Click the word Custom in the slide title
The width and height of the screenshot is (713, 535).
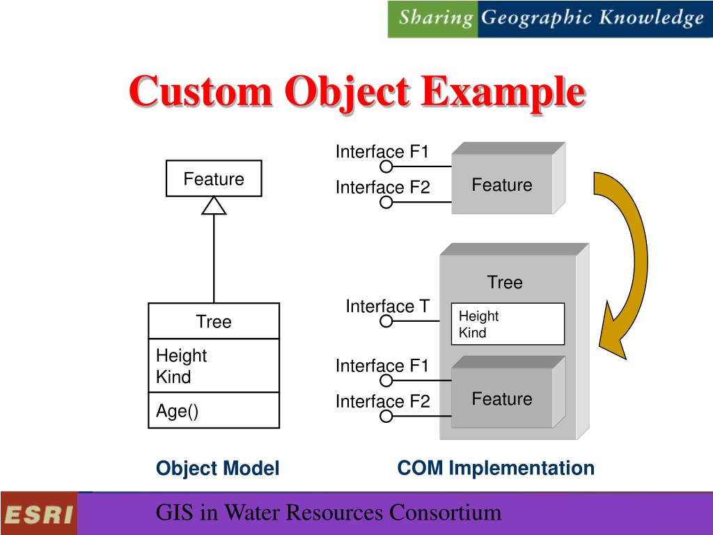pos(200,92)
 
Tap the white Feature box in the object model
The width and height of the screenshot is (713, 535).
pos(214,179)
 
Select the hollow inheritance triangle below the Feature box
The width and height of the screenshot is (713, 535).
pos(214,206)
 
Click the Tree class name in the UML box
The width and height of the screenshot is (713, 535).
pos(214,322)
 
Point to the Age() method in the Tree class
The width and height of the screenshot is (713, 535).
pos(177,411)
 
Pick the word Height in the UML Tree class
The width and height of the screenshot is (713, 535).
pos(181,355)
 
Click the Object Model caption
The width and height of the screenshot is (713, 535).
pos(217,469)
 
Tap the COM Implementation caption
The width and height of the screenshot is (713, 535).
pos(496,468)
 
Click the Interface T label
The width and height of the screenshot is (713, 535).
pos(388,307)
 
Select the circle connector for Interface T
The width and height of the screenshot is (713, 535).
pos(386,321)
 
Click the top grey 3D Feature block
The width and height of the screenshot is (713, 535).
pos(502,185)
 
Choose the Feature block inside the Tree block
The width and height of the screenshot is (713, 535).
pos(502,398)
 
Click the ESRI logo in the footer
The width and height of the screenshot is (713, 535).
pos(39,515)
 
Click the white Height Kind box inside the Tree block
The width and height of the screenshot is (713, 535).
pos(508,324)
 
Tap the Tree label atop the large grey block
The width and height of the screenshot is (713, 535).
pos(505,282)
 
